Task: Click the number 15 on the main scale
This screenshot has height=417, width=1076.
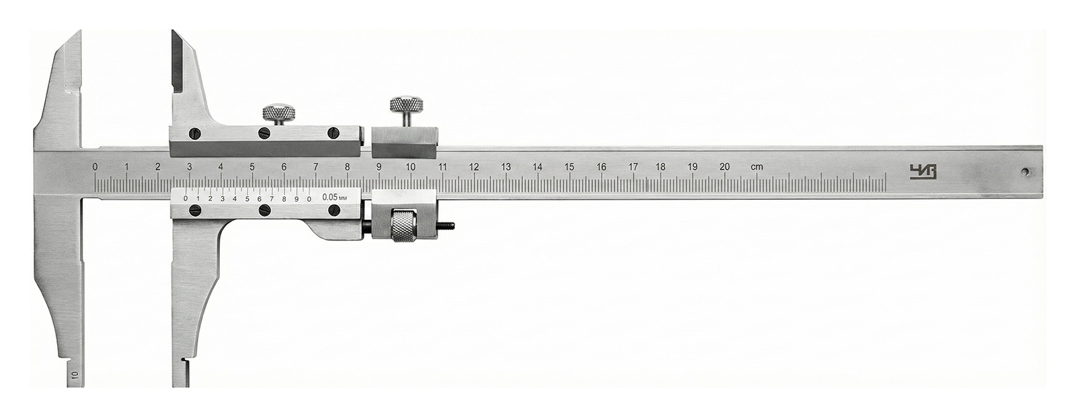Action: (x=569, y=167)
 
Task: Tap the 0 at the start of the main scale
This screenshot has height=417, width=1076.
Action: (x=95, y=166)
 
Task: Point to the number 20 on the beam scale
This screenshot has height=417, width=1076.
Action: (x=724, y=167)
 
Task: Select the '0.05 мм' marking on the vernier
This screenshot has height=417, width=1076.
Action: (x=334, y=197)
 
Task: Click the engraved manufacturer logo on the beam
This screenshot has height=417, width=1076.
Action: (x=919, y=171)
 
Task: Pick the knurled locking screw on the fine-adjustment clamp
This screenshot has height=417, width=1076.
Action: (x=406, y=106)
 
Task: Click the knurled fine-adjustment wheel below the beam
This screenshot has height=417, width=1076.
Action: (x=405, y=226)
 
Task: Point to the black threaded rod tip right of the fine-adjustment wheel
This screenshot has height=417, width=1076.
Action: (x=450, y=226)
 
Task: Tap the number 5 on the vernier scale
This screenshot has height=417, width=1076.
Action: (x=247, y=198)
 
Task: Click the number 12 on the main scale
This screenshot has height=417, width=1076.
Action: (x=474, y=167)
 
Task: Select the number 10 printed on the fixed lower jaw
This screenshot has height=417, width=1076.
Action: (x=75, y=375)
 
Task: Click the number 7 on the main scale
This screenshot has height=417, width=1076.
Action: (x=315, y=167)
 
